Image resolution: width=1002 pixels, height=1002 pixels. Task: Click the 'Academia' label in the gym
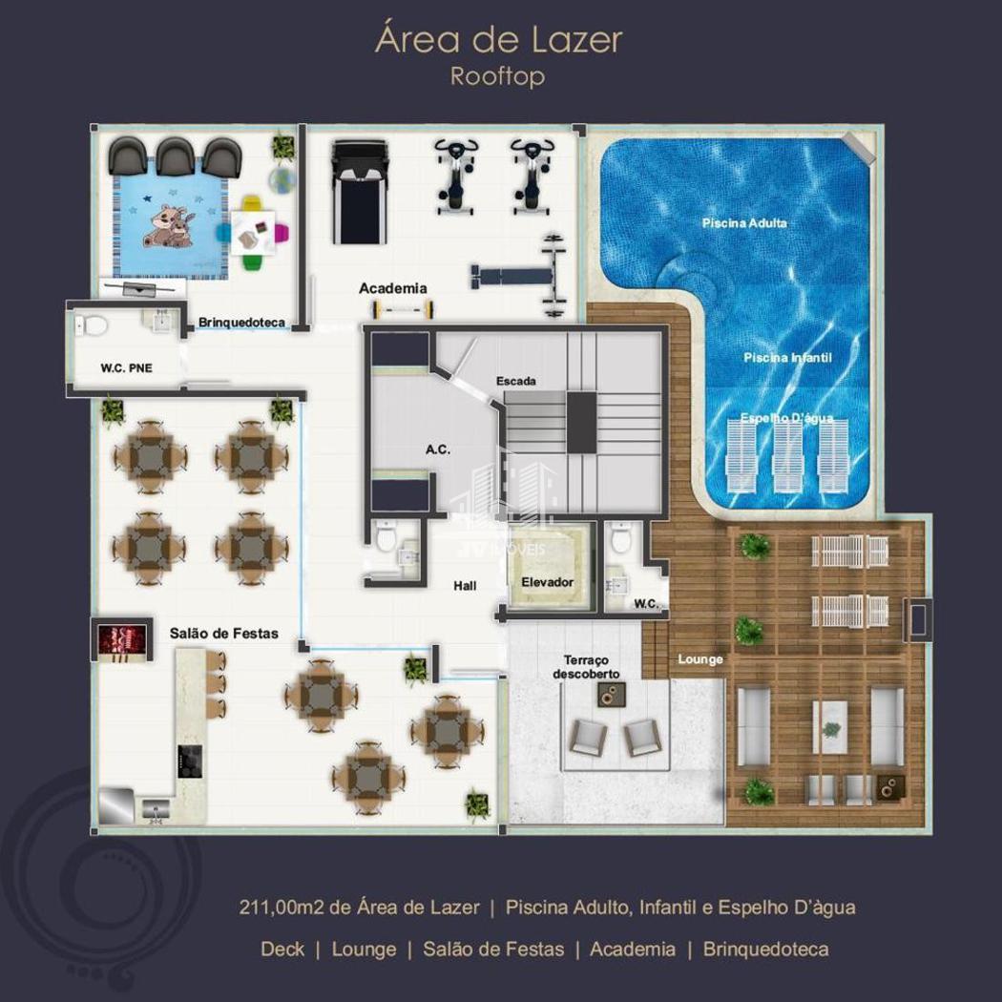tap(392, 288)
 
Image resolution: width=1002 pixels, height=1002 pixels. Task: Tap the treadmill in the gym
tap(360, 193)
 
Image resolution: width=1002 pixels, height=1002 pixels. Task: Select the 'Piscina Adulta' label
tap(743, 223)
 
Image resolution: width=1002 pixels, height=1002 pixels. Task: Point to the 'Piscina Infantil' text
tap(787, 357)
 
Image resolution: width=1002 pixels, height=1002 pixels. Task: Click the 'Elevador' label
tap(547, 582)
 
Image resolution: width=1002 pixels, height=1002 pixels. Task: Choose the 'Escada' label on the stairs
tap(515, 381)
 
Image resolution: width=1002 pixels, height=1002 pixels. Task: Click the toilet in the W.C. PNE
tap(91, 326)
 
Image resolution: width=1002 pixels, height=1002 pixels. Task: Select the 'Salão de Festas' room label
tap(223, 634)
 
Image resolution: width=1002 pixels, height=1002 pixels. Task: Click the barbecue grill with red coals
tap(123, 639)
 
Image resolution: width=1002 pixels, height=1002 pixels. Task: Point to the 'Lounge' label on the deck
tap(700, 658)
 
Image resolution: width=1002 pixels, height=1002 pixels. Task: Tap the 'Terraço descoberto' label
tap(586, 666)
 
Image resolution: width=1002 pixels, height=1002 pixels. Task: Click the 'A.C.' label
tap(438, 449)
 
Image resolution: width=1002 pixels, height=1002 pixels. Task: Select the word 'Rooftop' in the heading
tap(497, 76)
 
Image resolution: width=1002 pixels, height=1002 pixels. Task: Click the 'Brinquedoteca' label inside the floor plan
tap(241, 323)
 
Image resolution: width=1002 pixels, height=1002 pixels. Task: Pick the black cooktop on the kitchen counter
tap(190, 762)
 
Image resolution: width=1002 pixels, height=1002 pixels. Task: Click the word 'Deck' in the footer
tap(282, 949)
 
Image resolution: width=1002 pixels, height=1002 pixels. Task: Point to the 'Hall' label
tap(465, 585)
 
